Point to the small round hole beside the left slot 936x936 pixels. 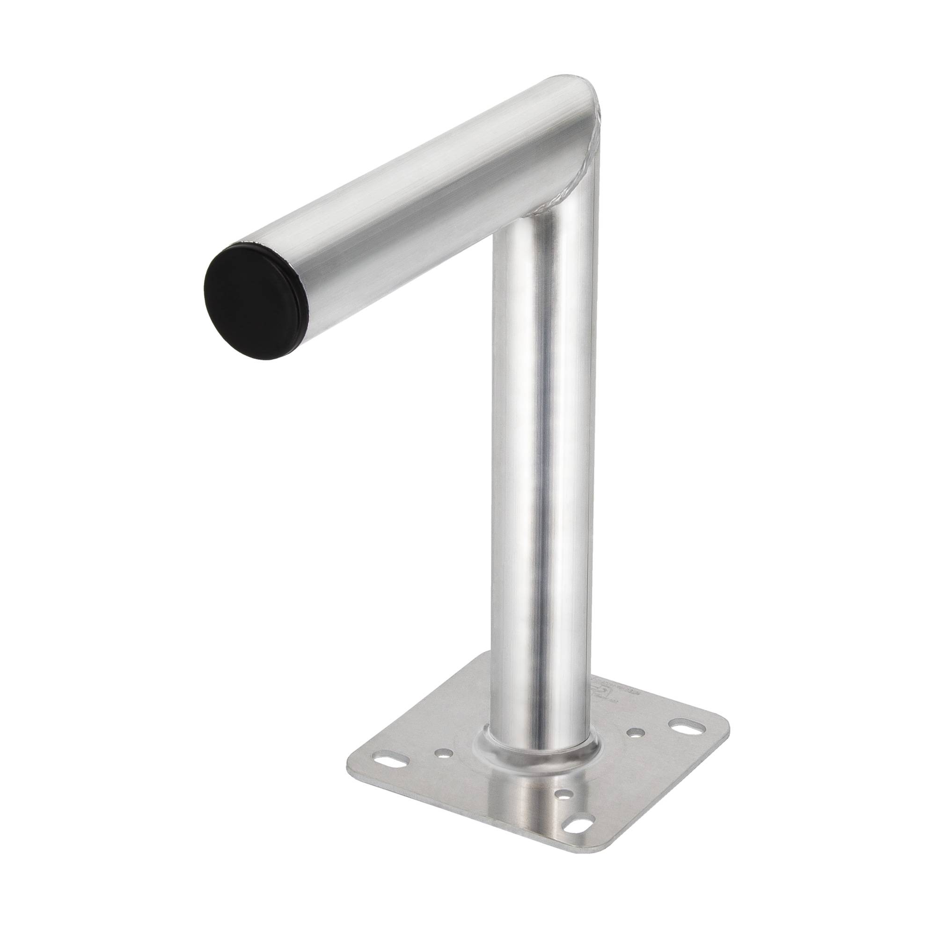(x=443, y=753)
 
